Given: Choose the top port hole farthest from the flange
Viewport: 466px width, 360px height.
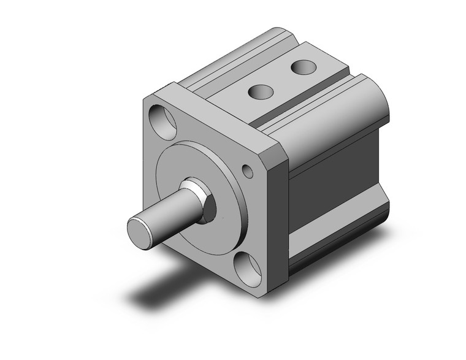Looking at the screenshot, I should point(300,66).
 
